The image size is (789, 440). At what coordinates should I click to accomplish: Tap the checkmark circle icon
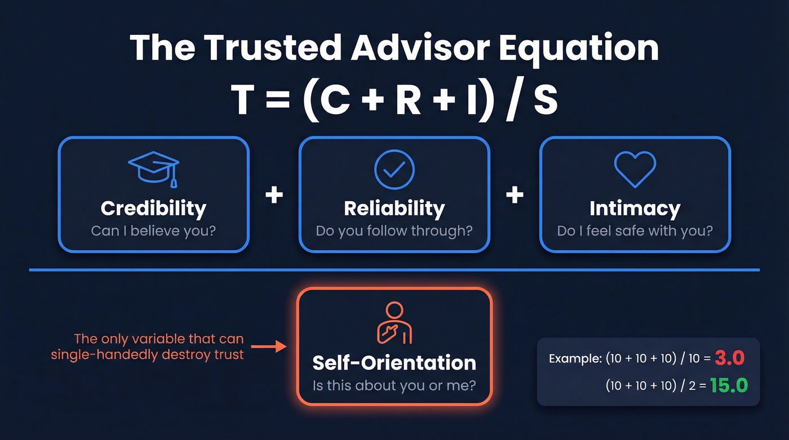click(394, 168)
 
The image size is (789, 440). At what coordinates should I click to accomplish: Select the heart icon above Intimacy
click(635, 168)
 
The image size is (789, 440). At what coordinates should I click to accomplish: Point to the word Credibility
click(153, 208)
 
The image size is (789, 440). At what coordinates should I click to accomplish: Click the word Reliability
click(394, 208)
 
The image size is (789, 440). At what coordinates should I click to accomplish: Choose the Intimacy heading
click(635, 208)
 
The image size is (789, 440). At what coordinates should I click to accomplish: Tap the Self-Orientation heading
click(394, 362)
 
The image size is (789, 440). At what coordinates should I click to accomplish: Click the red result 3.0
click(730, 358)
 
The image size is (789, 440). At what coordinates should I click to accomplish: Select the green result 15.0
click(728, 385)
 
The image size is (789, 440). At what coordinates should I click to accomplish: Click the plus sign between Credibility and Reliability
click(274, 195)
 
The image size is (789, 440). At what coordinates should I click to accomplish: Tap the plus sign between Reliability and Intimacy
click(515, 195)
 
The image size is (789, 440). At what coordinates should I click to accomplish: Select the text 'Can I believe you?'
click(153, 230)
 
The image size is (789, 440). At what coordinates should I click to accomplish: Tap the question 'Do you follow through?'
click(394, 230)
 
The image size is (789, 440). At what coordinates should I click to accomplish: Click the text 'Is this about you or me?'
click(394, 386)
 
